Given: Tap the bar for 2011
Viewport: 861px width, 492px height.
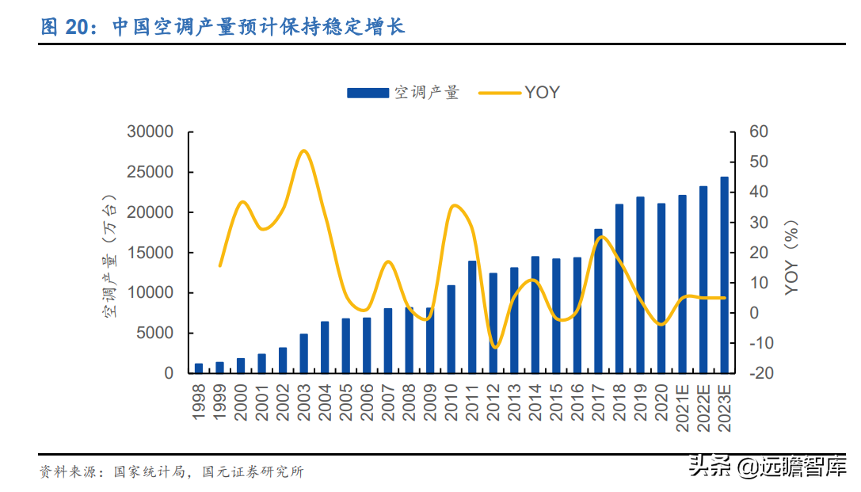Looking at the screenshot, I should tap(472, 317).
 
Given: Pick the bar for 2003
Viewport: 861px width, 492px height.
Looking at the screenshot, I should tap(303, 353).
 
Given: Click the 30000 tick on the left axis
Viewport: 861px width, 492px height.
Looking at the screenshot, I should tap(150, 132).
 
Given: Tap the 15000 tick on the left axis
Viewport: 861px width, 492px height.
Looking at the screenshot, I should tap(150, 253).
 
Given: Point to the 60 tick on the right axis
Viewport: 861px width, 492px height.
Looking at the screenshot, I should tap(759, 132).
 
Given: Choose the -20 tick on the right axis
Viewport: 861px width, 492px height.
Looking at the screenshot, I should tap(759, 373).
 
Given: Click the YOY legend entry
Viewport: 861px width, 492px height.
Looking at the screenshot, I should tap(542, 93).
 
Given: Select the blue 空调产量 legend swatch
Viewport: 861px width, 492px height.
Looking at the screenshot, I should tap(368, 93).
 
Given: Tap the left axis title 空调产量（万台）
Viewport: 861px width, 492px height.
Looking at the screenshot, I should tap(109, 254).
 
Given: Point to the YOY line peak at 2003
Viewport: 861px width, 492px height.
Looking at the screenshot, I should tap(304, 151).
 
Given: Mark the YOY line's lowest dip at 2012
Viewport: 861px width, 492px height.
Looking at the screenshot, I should tap(494, 347).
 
